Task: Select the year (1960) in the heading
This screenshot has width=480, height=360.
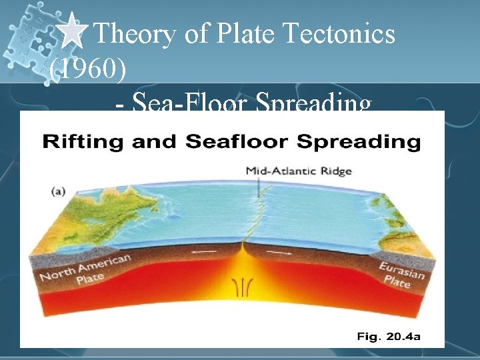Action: (86, 69)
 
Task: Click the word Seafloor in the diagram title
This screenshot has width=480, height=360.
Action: (227, 141)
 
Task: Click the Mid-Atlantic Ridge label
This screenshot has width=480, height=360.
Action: (299, 171)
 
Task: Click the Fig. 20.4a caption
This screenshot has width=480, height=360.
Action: (389, 337)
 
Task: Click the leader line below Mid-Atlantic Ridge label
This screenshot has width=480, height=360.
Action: (258, 190)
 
